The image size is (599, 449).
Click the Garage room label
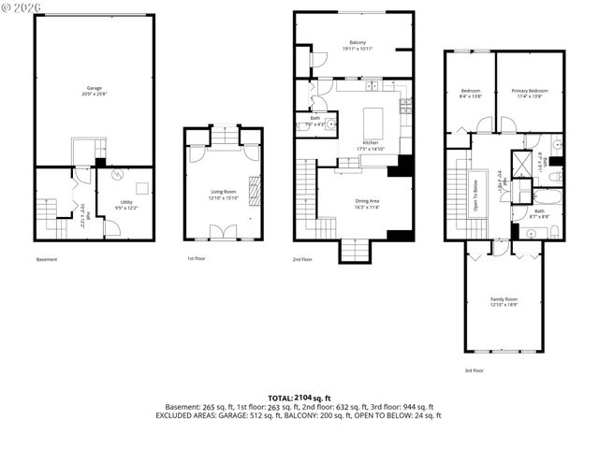(95, 91)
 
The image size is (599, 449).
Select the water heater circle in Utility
(116, 175)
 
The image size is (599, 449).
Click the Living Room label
(223, 194)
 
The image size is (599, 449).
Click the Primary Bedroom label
(530, 93)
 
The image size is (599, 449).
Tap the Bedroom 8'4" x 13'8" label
(469, 93)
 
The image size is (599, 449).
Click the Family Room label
(504, 302)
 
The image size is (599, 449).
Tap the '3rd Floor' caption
(475, 369)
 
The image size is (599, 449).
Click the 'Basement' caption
(49, 259)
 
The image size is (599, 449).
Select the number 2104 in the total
(308, 398)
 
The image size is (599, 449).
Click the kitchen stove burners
(404, 108)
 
